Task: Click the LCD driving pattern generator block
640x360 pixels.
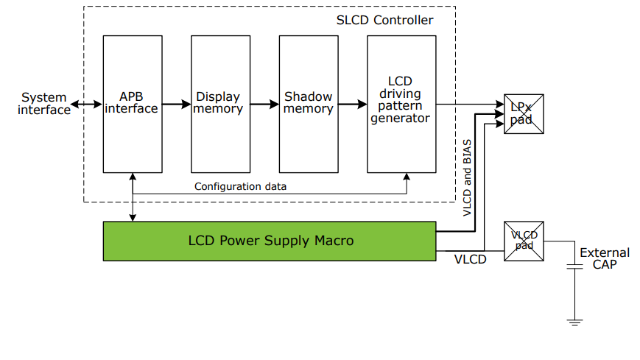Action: coord(401,104)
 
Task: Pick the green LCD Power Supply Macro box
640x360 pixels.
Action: coord(270,241)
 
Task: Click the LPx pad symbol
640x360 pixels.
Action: coord(524,114)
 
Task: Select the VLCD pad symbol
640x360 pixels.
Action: coord(524,241)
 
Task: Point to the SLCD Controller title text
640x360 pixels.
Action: coord(384,20)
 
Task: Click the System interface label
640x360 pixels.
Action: coord(44,104)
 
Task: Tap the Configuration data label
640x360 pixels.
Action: coord(240,186)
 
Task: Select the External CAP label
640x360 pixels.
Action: coord(604,258)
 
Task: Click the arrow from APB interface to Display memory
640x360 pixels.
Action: coord(176,105)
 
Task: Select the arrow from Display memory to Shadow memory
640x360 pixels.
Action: coord(264,105)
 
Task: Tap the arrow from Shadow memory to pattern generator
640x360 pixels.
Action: coord(352,105)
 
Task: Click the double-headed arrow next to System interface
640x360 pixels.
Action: coord(87,105)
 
